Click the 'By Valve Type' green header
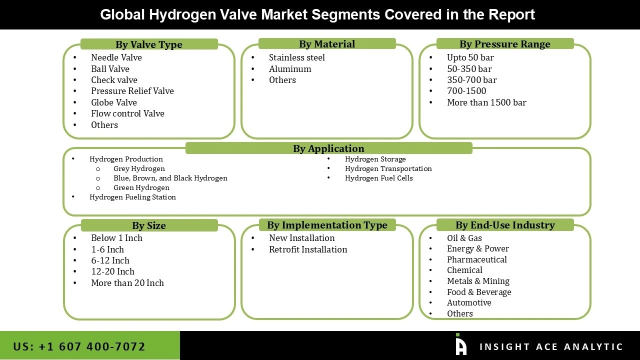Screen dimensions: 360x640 [x=149, y=44]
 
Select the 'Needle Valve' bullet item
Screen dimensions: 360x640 [x=116, y=57]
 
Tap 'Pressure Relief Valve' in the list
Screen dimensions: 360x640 [x=132, y=91]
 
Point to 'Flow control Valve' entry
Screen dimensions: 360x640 [x=127, y=113]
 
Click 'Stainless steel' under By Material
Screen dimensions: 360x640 [x=296, y=57]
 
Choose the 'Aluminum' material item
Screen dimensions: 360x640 [x=290, y=69]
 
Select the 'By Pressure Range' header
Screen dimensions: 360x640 [x=504, y=44]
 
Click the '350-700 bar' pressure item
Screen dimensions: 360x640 [x=471, y=80]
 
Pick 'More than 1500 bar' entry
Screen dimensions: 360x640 [x=486, y=102]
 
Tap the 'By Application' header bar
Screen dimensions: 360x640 [x=328, y=148]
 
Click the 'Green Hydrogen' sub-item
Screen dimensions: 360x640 [x=141, y=187]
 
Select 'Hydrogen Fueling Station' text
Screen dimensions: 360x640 [x=132, y=197]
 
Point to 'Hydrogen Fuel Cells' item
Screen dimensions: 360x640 [x=378, y=178]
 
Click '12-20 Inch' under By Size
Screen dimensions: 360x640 [x=112, y=271]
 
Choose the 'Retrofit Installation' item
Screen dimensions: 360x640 [x=307, y=249]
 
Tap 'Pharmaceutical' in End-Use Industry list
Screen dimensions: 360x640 [x=476, y=259]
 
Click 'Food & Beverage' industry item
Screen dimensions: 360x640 [x=479, y=292]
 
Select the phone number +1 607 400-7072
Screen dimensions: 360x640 [x=79, y=346]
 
